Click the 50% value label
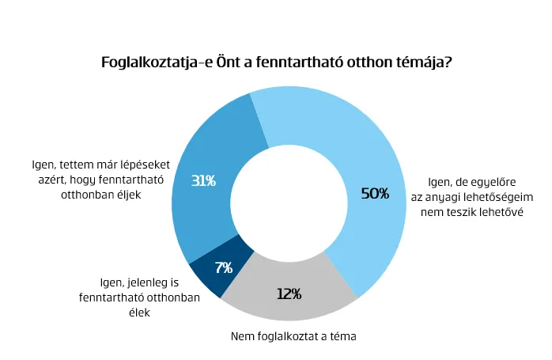pos(375,193)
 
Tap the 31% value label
pos(203,180)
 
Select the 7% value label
pos(223,267)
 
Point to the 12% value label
pos(289,294)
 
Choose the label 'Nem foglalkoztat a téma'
pos(294,337)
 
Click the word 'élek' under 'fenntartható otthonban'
pos(116,312)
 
